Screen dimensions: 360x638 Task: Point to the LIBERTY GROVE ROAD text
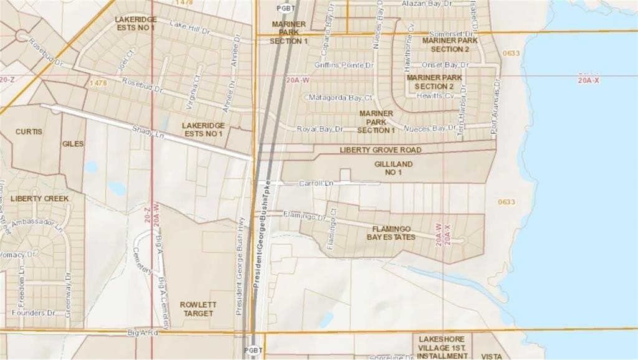380,150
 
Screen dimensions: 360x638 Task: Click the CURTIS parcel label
29,132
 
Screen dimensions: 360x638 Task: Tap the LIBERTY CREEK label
39,198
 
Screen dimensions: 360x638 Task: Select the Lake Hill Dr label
191,27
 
